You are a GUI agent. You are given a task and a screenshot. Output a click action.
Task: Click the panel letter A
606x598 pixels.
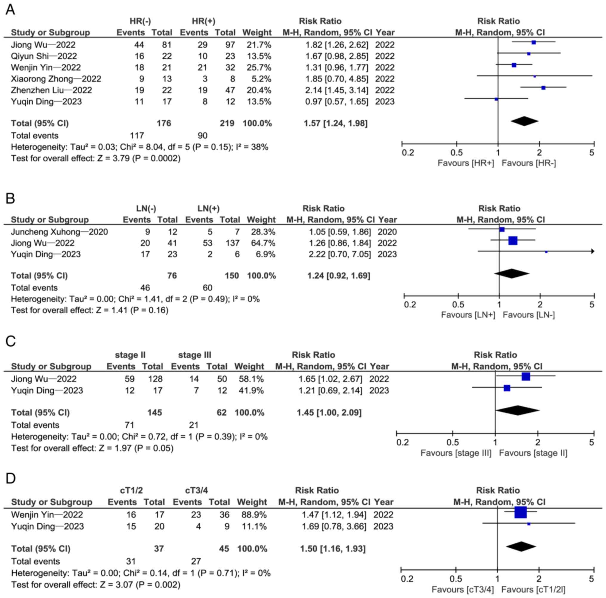[x=10, y=10]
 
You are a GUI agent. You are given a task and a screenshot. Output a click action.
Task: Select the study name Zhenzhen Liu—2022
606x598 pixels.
[x=51, y=90]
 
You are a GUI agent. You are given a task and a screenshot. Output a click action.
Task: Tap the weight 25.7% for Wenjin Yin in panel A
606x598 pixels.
[x=259, y=67]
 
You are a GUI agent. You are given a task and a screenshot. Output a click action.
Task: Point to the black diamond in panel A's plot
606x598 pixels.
[x=525, y=121]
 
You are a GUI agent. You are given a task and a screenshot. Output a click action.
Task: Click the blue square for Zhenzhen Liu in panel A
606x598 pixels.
[x=543, y=88]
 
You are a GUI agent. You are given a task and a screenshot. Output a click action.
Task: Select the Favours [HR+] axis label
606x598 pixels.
[x=466, y=163]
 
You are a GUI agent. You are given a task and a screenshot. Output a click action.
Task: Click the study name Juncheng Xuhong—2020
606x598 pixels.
[x=59, y=232]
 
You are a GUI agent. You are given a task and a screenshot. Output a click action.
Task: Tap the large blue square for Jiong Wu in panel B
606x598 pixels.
[x=513, y=241]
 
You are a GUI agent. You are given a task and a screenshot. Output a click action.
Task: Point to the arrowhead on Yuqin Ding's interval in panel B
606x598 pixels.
[x=593, y=251]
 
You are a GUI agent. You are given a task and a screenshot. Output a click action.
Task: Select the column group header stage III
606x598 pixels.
[x=194, y=355]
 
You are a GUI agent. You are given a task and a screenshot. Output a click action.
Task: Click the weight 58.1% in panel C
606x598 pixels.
[x=249, y=379]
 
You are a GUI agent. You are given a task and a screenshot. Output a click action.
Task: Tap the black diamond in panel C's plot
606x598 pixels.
[x=517, y=411]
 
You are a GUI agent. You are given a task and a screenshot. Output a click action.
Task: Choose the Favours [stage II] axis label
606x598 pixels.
[x=533, y=453]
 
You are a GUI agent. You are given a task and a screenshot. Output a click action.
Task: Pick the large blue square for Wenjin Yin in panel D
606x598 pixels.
[x=521, y=512]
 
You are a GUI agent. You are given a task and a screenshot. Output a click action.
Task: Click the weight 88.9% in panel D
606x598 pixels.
[x=254, y=515]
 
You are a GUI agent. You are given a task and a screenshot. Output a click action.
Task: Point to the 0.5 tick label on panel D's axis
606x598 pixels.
[x=456, y=579]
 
